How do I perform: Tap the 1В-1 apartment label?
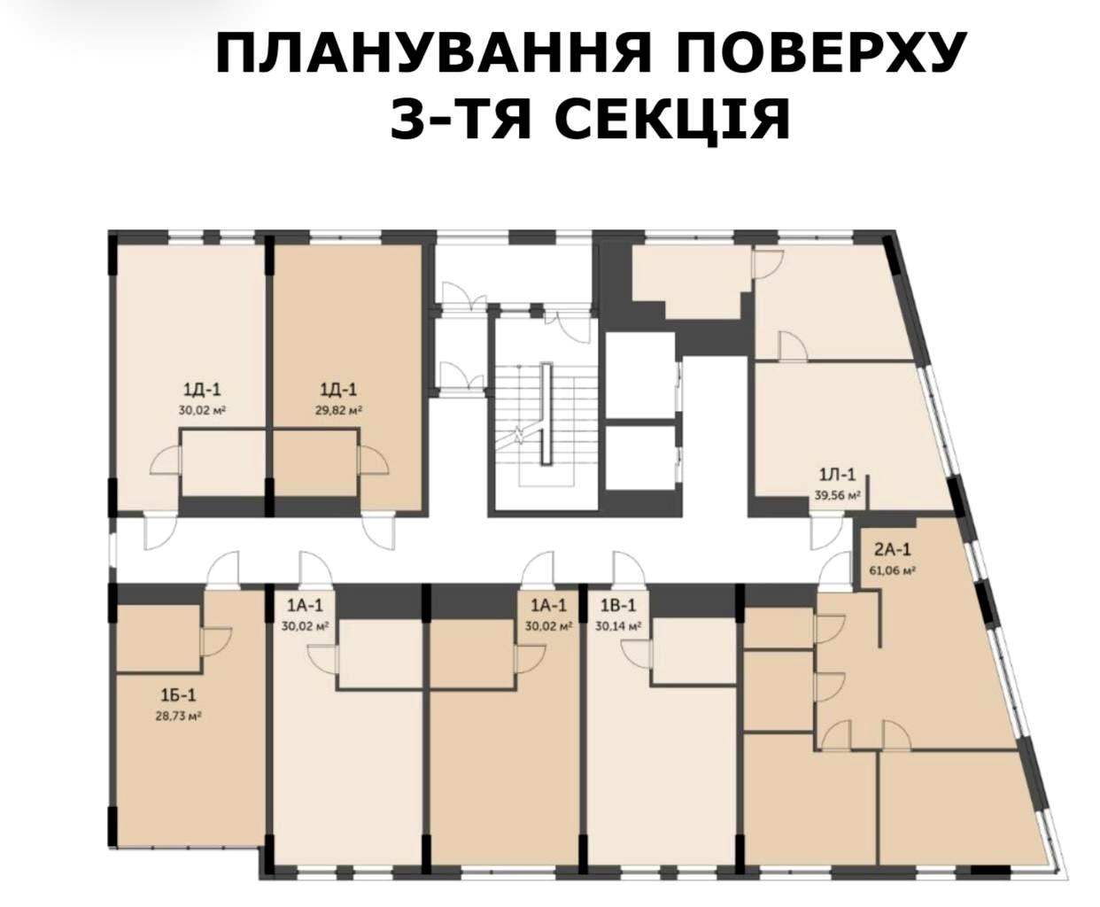(617, 607)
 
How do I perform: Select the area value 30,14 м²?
(617, 624)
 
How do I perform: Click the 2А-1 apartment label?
(889, 553)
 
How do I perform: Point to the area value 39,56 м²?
(837, 496)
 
